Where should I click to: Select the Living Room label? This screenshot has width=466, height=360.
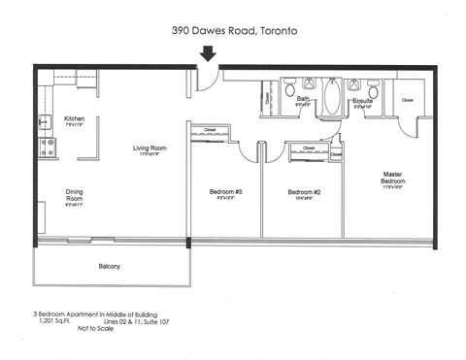tap(152, 147)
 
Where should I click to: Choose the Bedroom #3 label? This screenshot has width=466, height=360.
tap(225, 192)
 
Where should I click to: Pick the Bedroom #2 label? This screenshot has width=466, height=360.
tap(304, 192)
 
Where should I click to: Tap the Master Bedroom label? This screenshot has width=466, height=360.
tap(393, 178)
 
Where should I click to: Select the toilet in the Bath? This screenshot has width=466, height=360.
tap(290, 90)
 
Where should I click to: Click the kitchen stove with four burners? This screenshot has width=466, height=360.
tap(45, 147)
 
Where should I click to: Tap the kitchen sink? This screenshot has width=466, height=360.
tap(44, 122)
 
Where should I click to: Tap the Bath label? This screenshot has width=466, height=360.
tap(304, 98)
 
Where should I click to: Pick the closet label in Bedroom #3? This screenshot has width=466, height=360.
tap(210, 131)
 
